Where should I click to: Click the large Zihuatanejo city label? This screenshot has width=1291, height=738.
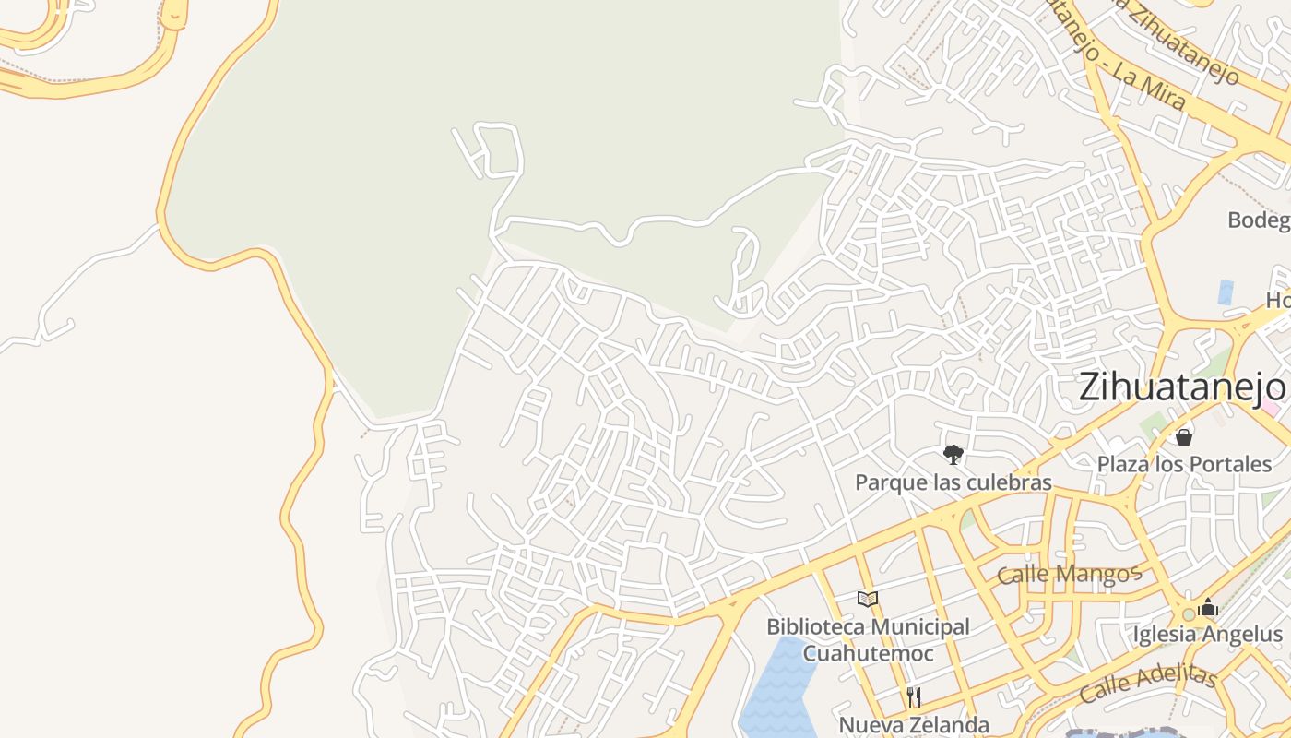pyautogui.click(x=1180, y=387)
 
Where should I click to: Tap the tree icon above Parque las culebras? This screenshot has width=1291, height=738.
pyautogui.click(x=953, y=454)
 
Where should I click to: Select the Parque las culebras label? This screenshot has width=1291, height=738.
pyautogui.click(x=953, y=482)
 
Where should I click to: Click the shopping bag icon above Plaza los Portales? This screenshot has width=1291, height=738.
pyautogui.click(x=1184, y=436)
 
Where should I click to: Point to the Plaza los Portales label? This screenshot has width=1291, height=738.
pyautogui.click(x=1184, y=463)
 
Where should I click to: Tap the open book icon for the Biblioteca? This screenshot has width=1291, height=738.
pyautogui.click(x=867, y=600)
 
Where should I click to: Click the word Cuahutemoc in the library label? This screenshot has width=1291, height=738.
pyautogui.click(x=868, y=653)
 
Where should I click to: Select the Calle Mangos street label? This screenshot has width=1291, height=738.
pyautogui.click(x=1070, y=574)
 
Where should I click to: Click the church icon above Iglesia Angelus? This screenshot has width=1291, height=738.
pyautogui.click(x=1208, y=608)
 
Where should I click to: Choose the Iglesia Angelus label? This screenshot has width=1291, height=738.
pyautogui.click(x=1207, y=635)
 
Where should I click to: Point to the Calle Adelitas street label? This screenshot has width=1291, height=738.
pyautogui.click(x=1148, y=682)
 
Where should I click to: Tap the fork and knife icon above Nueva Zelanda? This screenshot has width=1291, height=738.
pyautogui.click(x=913, y=696)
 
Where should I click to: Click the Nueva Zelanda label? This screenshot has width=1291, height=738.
pyautogui.click(x=913, y=725)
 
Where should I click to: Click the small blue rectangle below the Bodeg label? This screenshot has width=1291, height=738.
pyautogui.click(x=1226, y=292)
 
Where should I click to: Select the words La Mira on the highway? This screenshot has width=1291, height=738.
pyautogui.click(x=1149, y=88)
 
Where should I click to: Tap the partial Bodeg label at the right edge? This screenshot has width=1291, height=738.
pyautogui.click(x=1259, y=220)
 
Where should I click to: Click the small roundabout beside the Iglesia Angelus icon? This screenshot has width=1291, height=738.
pyautogui.click(x=1188, y=614)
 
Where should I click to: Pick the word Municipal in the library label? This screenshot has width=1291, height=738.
pyautogui.click(x=912, y=627)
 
